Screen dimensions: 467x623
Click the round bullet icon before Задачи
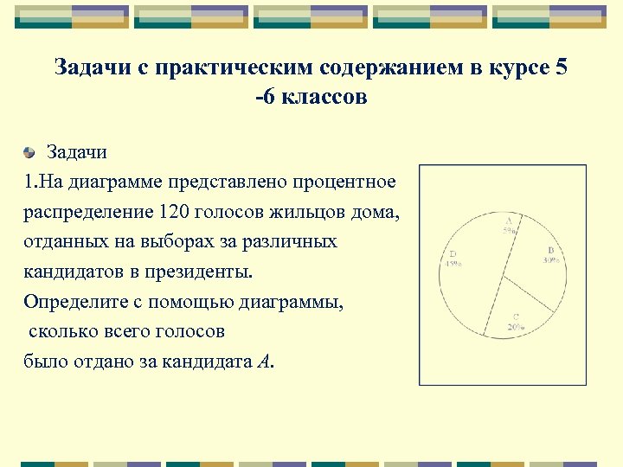point(29,153)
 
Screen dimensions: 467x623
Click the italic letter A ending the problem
point(263,361)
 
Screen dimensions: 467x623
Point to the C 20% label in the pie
point(516,322)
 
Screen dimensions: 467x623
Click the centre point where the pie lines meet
point(504,277)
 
